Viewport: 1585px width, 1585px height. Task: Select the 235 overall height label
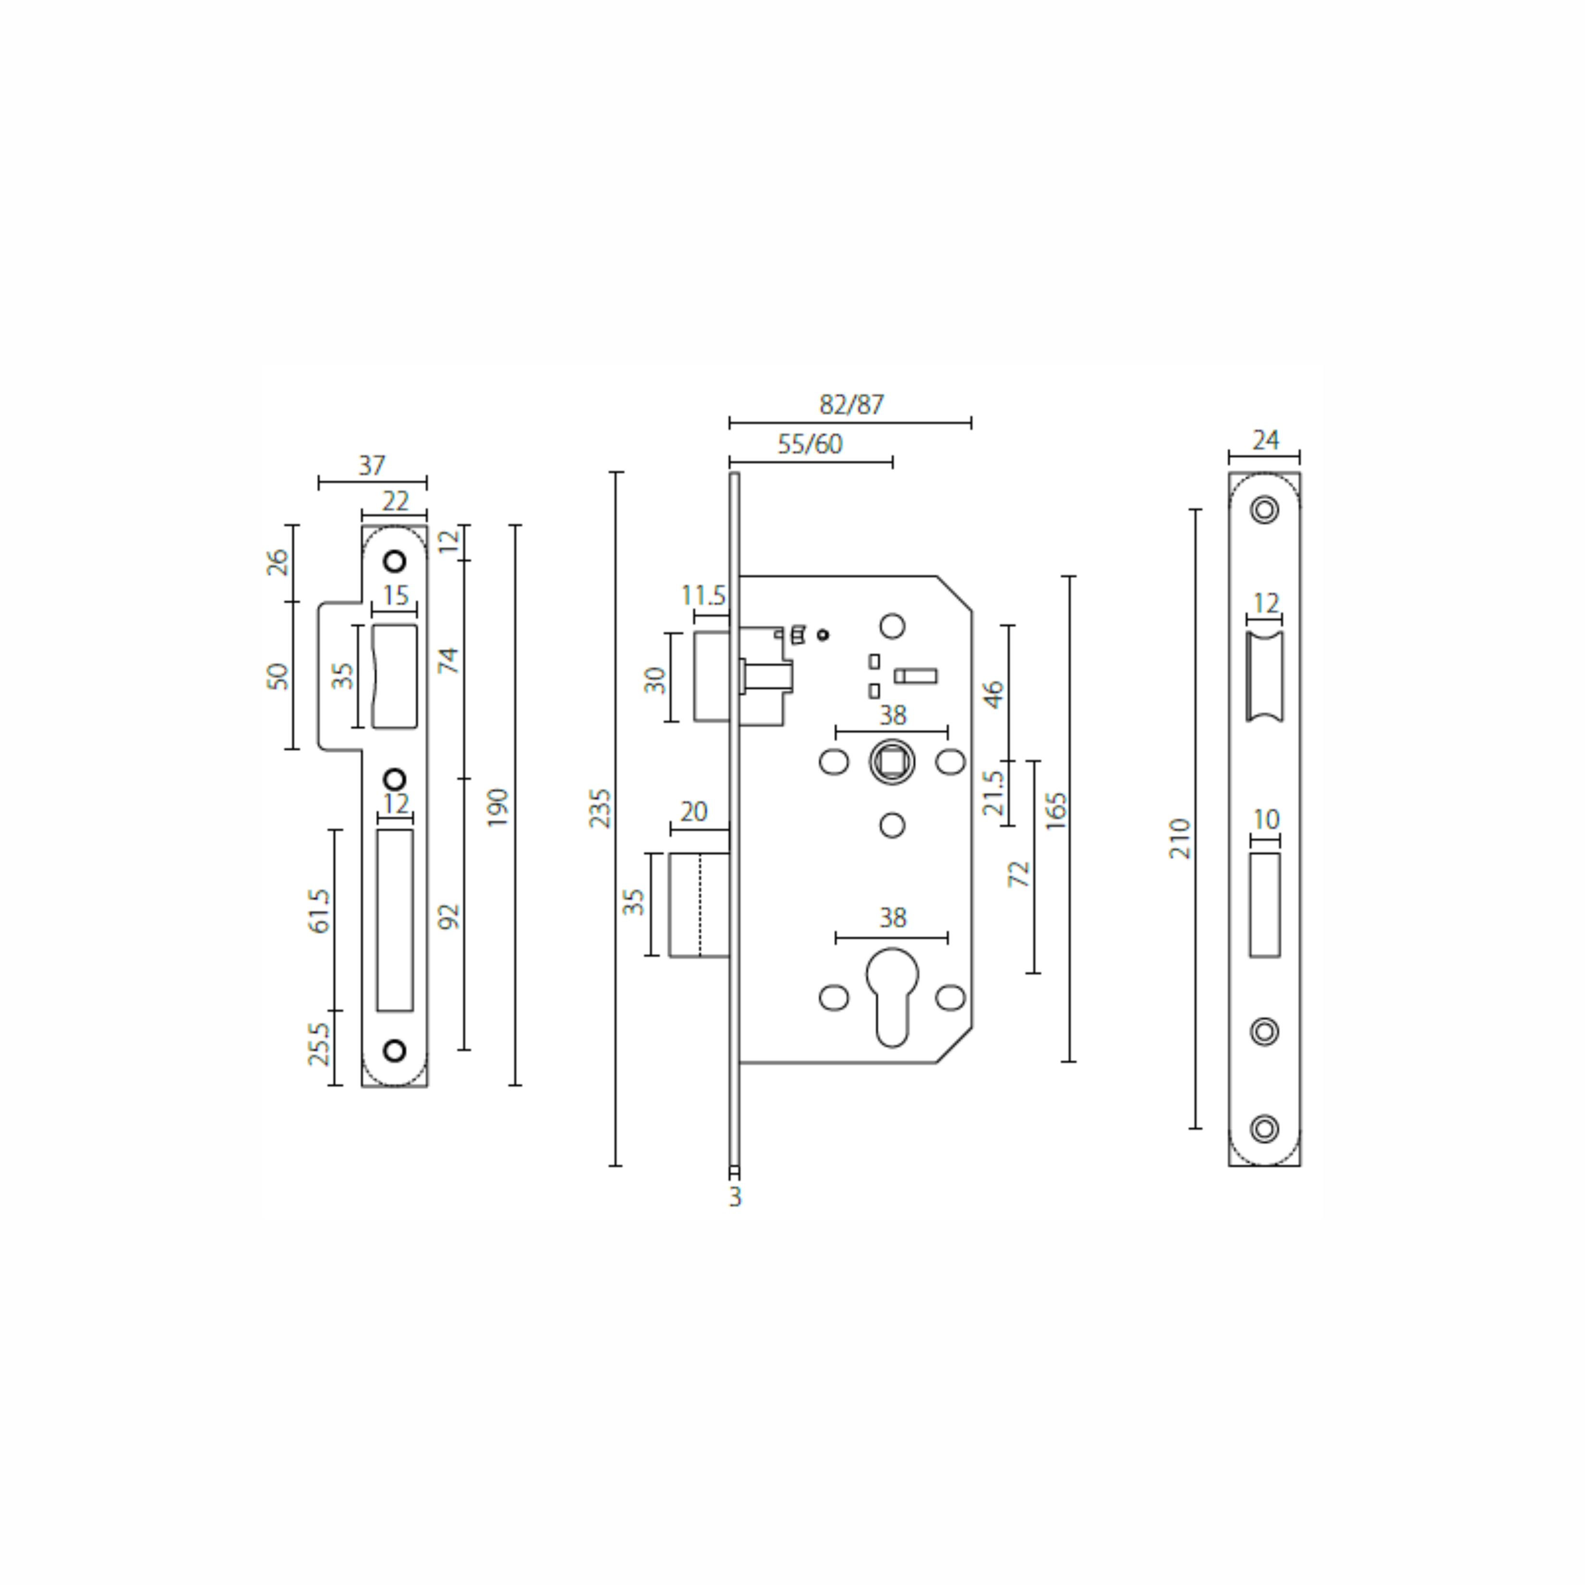click(x=601, y=808)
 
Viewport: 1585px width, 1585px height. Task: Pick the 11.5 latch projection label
click(x=704, y=595)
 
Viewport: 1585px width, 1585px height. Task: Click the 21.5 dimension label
click(x=993, y=792)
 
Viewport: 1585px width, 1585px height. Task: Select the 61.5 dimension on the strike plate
click(x=319, y=911)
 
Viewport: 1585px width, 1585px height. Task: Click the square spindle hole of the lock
click(x=892, y=762)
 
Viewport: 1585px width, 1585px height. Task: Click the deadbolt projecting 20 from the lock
click(x=699, y=905)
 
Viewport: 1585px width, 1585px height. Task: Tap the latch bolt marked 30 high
click(x=711, y=677)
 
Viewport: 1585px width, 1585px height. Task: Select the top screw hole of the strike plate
click(x=395, y=562)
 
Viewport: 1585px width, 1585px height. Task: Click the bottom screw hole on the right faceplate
click(x=1264, y=1128)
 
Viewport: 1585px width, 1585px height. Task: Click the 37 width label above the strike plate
click(x=372, y=466)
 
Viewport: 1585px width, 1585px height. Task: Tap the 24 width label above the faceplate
click(x=1265, y=441)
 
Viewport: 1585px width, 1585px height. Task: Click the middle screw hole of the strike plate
click(x=395, y=778)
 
